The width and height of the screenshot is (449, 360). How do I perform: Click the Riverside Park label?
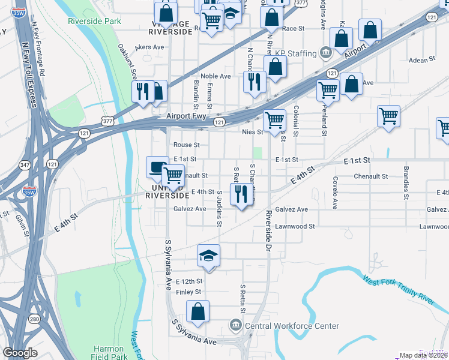tap(95, 20)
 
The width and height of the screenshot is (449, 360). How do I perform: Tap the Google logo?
tap(20, 353)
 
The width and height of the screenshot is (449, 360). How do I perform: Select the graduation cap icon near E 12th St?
tap(208, 255)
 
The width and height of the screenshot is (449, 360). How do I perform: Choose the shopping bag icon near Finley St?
tap(197, 312)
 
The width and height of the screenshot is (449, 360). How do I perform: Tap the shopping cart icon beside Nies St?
tap(275, 119)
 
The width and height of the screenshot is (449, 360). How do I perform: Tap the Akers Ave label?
tap(150, 47)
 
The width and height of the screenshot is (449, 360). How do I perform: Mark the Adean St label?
tap(421, 60)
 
